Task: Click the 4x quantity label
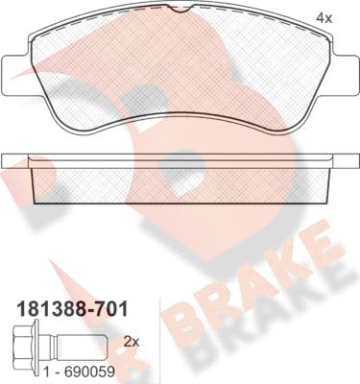[x=324, y=17]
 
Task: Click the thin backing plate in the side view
[x=180, y=158]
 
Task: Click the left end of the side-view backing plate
[x=10, y=158]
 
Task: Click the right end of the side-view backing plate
[x=349, y=158]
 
